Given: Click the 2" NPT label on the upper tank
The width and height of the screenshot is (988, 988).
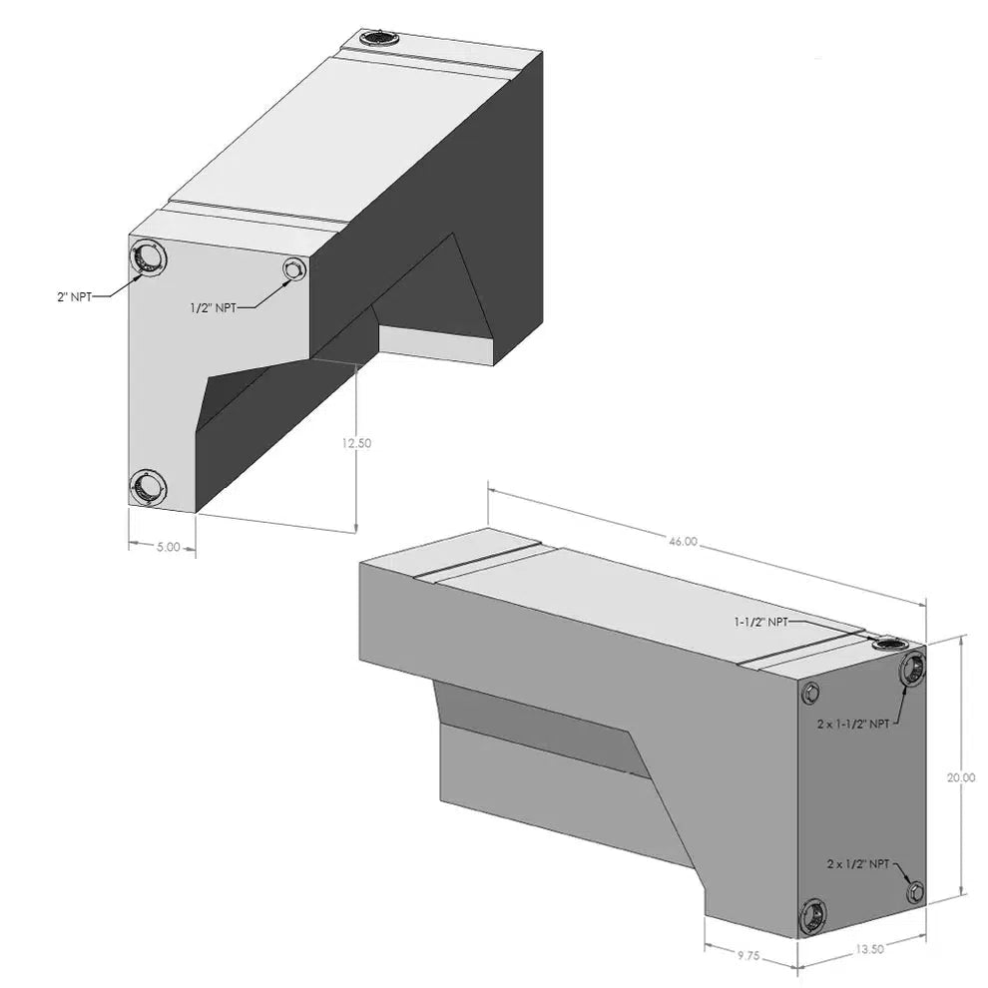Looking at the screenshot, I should click(75, 295).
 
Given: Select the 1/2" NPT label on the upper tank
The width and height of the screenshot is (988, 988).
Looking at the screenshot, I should click(213, 308).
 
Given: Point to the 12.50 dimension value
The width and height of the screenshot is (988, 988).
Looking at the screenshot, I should click(356, 444).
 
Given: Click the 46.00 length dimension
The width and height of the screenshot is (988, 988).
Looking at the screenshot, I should click(683, 541).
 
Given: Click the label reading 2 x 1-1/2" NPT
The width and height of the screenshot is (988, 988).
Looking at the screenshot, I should click(849, 724).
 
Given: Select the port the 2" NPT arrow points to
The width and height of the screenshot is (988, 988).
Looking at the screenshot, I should click(148, 257).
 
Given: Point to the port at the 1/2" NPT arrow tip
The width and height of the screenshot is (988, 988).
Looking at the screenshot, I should click(294, 269).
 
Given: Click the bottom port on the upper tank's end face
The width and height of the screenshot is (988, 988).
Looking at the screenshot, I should click(148, 487).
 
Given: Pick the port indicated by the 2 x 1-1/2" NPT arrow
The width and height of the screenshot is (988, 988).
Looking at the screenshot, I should click(912, 671).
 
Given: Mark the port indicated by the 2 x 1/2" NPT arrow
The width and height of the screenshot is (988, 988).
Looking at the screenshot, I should click(914, 891).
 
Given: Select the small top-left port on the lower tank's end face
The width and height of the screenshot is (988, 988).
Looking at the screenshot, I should click(812, 693).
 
